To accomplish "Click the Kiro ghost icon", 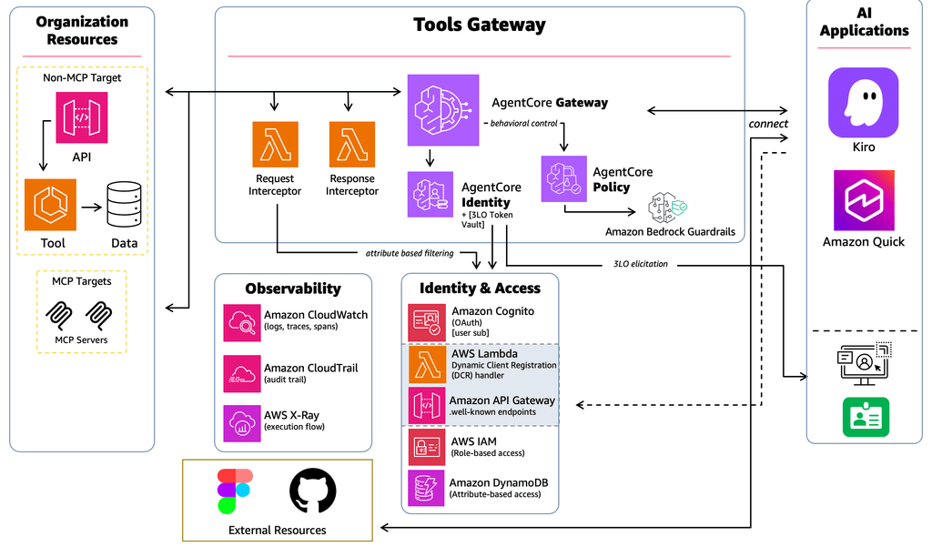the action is point(863,102).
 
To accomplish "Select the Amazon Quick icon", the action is point(864,200).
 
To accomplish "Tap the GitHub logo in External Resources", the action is point(313,491).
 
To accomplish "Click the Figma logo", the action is point(235,491).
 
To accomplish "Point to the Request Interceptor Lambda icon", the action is point(275,145).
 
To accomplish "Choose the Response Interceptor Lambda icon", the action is point(352,145).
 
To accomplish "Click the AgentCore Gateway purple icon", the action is point(443,110).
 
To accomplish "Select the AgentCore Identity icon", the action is point(431,195).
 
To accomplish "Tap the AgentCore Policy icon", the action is point(563,179).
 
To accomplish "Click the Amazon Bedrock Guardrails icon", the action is point(667,208).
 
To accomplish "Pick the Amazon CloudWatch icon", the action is point(242,323).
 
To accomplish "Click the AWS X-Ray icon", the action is point(242,423).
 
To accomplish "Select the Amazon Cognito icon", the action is point(427,323).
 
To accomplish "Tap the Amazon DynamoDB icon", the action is point(426,488).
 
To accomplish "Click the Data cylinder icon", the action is point(124,205).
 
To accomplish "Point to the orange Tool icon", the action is point(51,205).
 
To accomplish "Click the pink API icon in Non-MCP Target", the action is point(81,117).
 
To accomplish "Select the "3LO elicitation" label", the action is point(640,264).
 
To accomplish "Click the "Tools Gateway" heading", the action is point(479,25).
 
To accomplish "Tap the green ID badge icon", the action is point(866,418).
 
